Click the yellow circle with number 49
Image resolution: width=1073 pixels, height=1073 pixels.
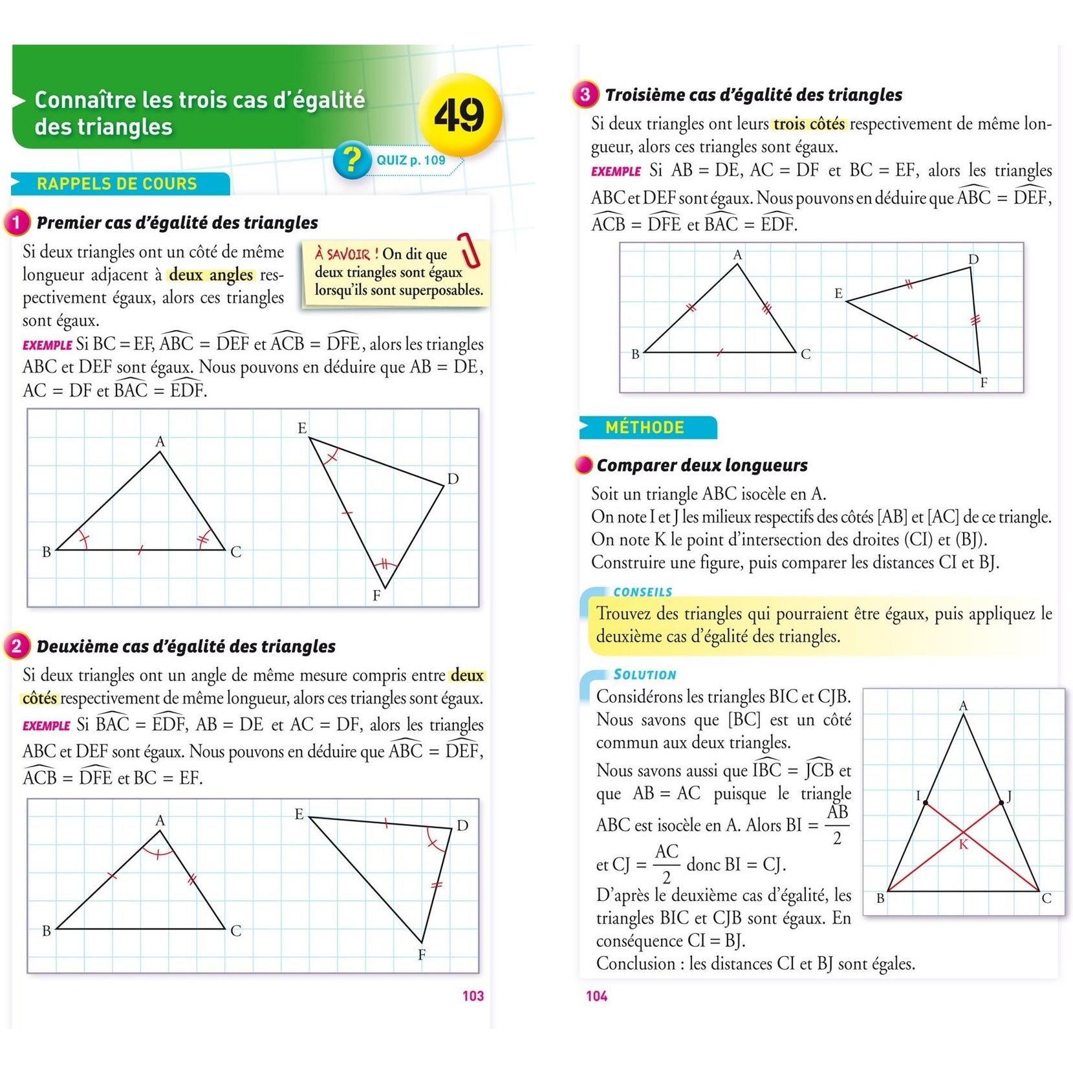(459, 115)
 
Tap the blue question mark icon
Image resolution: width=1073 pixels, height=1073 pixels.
(352, 160)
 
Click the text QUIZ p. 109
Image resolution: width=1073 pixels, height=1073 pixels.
(411, 160)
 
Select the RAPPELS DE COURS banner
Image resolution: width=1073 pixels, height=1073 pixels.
(117, 184)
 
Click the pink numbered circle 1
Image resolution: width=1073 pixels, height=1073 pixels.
(17, 223)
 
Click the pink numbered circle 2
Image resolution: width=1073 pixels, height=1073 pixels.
(17, 646)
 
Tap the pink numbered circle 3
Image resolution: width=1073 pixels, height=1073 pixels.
(585, 95)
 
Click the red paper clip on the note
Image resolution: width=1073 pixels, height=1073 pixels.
(470, 250)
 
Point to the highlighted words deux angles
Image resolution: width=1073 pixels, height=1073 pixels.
(211, 275)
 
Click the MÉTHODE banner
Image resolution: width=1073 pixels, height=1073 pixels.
(645, 428)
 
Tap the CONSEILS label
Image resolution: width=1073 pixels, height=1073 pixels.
(642, 592)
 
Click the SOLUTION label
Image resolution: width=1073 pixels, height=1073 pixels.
(645, 675)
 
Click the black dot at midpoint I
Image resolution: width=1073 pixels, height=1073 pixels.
(926, 803)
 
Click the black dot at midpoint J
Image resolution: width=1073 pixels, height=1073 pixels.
(1002, 803)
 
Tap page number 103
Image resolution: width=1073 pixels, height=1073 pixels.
(473, 996)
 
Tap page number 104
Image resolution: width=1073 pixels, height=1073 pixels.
(596, 996)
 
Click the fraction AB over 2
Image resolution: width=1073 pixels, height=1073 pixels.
(837, 825)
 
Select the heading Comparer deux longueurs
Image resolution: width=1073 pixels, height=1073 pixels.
(702, 466)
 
